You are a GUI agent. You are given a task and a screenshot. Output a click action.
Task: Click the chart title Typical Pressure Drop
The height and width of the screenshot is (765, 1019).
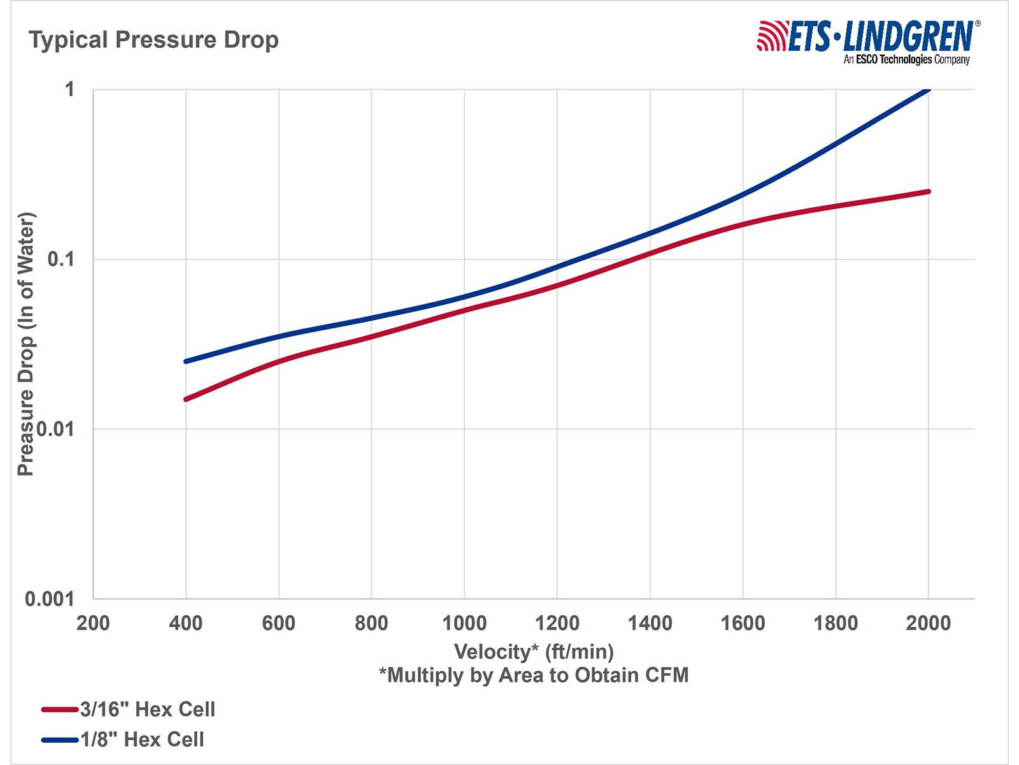[153, 40]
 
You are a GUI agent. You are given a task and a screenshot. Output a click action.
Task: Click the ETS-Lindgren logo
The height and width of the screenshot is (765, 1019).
[867, 41]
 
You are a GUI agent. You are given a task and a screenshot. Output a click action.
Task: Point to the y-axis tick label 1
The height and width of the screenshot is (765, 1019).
[69, 89]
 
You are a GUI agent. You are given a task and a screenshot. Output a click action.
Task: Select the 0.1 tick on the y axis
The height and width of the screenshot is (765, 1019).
[61, 259]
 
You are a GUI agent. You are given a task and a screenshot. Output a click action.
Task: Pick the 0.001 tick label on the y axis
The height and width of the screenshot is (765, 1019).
[50, 599]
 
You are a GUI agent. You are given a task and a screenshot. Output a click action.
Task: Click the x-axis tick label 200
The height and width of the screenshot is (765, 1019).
[93, 623]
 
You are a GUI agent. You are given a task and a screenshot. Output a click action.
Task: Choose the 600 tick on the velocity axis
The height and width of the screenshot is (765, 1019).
[278, 623]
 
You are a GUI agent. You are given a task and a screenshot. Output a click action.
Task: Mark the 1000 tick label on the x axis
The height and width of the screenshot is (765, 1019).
[464, 623]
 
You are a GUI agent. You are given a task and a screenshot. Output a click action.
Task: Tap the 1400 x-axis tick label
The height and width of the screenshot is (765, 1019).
[650, 623]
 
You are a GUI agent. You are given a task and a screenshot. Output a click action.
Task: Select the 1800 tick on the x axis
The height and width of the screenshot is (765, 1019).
[836, 623]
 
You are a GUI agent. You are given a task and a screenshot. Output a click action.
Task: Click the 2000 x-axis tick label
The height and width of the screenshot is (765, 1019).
[928, 623]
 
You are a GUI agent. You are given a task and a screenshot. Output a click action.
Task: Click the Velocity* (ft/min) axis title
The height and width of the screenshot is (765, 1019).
[534, 652]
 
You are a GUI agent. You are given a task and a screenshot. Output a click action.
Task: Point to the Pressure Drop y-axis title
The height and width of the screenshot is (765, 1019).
[25, 344]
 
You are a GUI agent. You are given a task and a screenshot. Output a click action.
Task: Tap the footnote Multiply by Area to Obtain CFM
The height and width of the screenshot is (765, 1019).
[534, 675]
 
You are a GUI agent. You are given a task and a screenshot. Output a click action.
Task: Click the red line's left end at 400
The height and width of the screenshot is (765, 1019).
[186, 399]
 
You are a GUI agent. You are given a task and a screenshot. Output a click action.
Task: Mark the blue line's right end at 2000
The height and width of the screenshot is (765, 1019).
[928, 89]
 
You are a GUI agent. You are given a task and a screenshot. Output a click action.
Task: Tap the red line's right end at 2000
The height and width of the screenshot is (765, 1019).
[928, 191]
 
